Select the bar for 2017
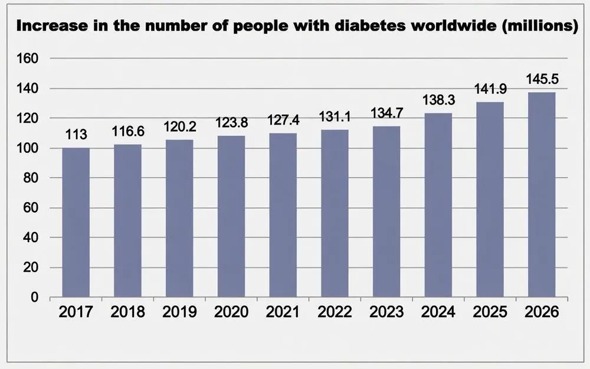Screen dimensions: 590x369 [x=76, y=222]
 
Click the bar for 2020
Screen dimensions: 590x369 [x=231, y=216]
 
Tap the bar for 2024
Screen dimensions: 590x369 [x=438, y=205]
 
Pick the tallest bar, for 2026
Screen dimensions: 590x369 [x=542, y=195]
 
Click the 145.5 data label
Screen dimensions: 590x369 [x=542, y=79]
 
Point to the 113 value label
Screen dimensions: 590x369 [x=76, y=135]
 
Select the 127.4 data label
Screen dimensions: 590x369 [x=283, y=120]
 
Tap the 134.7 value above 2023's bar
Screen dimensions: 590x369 [x=387, y=113]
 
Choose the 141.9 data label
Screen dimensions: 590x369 [x=490, y=89]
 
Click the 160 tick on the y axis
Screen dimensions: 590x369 [x=28, y=58]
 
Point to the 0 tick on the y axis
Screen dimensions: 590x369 [x=35, y=297]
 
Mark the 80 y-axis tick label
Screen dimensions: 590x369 [x=31, y=178]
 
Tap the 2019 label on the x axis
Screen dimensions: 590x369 [x=179, y=312]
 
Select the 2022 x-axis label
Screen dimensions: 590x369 [x=335, y=312]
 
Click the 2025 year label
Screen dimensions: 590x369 [x=490, y=312]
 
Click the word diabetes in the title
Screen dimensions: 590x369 [x=371, y=25]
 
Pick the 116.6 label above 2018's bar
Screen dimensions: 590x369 [x=128, y=131]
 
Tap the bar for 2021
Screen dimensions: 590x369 [x=283, y=215]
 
